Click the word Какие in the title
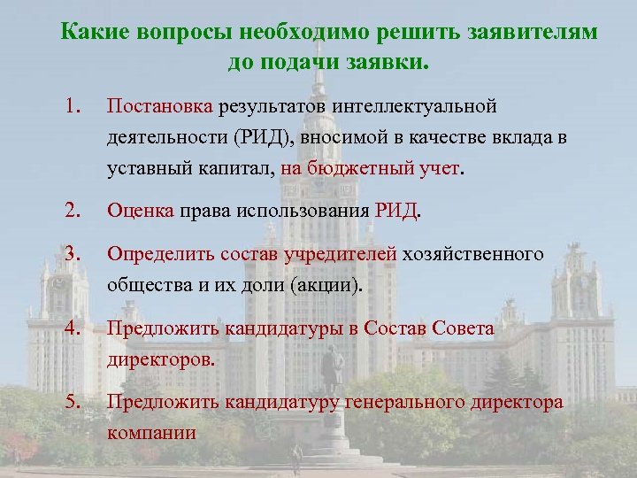tap(91, 33)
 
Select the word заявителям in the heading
tap(531, 33)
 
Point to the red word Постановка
tap(159, 107)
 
